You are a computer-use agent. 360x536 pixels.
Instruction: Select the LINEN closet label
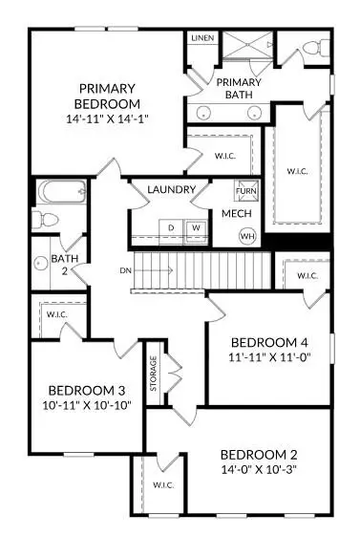point(202,38)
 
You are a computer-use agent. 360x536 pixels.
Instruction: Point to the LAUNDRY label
point(172,189)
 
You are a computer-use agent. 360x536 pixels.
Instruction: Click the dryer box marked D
point(173,227)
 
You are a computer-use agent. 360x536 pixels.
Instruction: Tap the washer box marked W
point(195,227)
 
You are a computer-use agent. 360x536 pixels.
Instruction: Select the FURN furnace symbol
point(247,190)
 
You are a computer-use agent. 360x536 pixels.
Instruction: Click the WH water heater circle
point(248,236)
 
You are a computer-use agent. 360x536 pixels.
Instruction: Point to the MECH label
point(236,215)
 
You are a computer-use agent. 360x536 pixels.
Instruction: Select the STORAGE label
point(153,374)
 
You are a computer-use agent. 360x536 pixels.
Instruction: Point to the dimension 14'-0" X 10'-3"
point(259,470)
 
